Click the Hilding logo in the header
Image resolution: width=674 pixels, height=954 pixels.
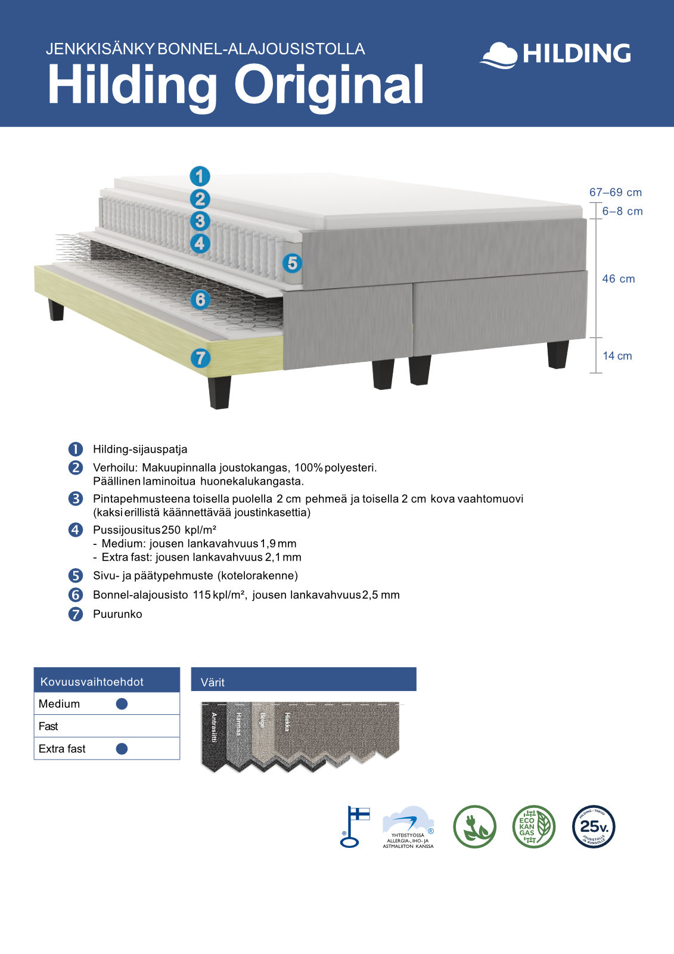click(x=555, y=54)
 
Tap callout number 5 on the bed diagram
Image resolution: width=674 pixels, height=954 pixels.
click(x=292, y=263)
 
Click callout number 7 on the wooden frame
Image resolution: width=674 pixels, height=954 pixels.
click(x=200, y=358)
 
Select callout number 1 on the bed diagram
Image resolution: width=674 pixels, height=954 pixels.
click(x=200, y=176)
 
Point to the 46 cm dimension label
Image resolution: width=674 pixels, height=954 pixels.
click(x=618, y=279)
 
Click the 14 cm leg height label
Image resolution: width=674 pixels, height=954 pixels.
click(x=617, y=356)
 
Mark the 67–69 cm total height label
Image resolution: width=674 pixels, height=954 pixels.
click(x=615, y=193)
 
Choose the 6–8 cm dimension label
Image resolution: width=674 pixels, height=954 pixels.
click(x=622, y=212)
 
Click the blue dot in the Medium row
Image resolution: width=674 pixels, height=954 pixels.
click(x=122, y=704)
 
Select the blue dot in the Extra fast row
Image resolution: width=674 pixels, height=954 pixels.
click(x=122, y=749)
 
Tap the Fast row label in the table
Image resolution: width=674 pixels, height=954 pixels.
click(x=48, y=726)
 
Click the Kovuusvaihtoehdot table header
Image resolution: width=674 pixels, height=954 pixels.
click(x=92, y=682)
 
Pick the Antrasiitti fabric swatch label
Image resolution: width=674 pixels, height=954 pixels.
click(x=214, y=727)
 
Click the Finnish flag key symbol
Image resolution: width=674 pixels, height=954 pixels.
click(x=353, y=826)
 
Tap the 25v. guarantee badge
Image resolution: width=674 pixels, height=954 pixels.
click(x=593, y=826)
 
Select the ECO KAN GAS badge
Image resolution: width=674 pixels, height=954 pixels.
click(x=533, y=826)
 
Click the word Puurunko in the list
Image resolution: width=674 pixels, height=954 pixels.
click(x=117, y=614)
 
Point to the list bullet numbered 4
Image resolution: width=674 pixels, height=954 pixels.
click(x=76, y=529)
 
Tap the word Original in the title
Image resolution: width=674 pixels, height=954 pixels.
click(x=328, y=85)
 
